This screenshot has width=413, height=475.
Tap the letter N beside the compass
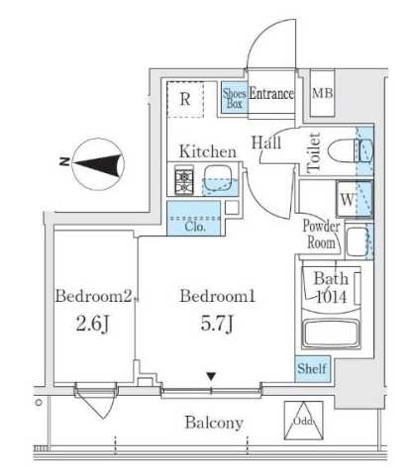[x=64, y=161]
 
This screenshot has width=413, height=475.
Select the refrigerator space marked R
[x=185, y=99]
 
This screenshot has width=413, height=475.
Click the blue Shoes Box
[x=234, y=98]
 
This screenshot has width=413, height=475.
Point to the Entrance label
[x=271, y=94]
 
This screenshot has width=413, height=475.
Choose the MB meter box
[x=322, y=93]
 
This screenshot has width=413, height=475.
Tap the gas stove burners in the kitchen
[x=184, y=179]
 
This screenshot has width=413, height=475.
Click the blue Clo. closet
[x=194, y=219]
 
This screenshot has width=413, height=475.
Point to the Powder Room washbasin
[x=358, y=241]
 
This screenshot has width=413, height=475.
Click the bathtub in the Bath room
[x=331, y=332]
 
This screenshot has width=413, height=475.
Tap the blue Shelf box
[x=312, y=369]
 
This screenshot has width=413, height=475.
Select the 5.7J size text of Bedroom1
[x=217, y=324]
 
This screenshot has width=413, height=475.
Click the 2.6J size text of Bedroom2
[x=92, y=325]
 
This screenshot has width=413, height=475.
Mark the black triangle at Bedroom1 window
[x=211, y=376]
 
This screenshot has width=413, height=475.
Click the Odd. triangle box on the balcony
[x=304, y=421]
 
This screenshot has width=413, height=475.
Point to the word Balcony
[x=214, y=423]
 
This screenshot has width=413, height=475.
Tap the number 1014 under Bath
[x=332, y=297]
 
